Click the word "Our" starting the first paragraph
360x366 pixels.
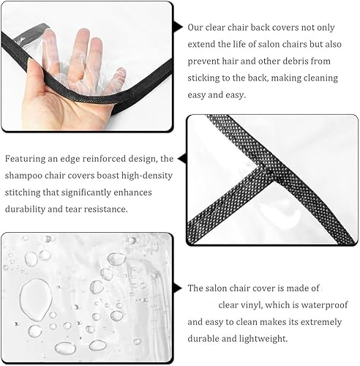pos(195,27)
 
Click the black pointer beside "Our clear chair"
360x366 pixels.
pos(178,27)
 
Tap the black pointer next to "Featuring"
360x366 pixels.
pos(182,159)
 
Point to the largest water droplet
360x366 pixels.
pos(36,300)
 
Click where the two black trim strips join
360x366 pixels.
pos(265,170)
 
